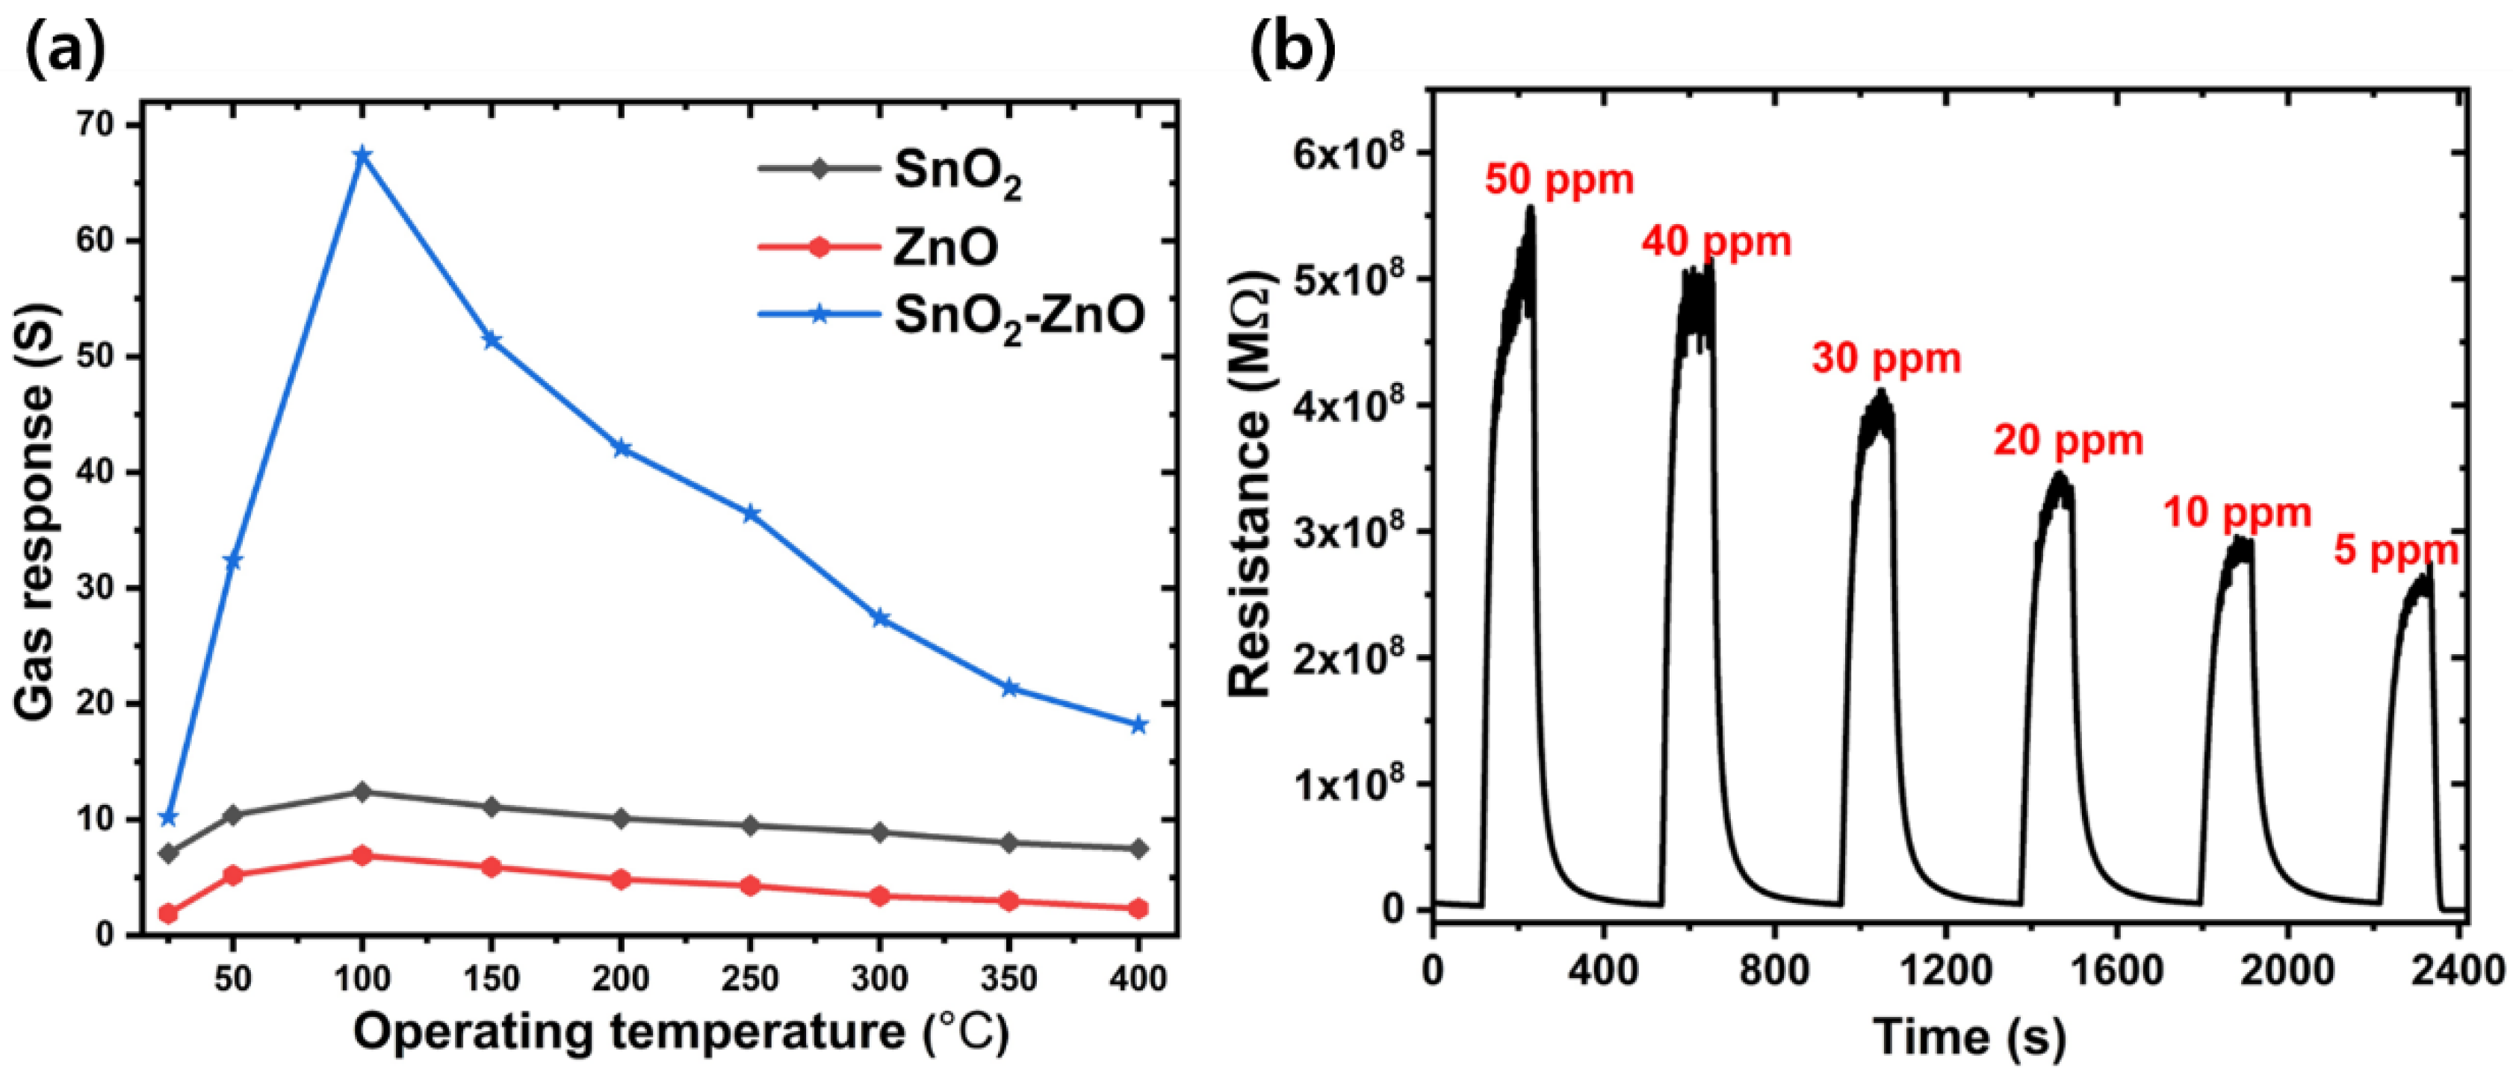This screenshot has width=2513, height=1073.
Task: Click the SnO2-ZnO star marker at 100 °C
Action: pyautogui.click(x=362, y=156)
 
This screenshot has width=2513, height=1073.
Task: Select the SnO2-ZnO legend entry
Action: pyautogui.click(x=950, y=315)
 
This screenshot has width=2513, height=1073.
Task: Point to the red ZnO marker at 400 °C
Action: pyautogui.click(x=1138, y=908)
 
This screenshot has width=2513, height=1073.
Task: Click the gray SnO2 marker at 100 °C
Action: pyautogui.click(x=362, y=792)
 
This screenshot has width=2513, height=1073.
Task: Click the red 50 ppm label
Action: pyautogui.click(x=1559, y=181)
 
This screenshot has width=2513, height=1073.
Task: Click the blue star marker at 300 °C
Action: pyautogui.click(x=880, y=618)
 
